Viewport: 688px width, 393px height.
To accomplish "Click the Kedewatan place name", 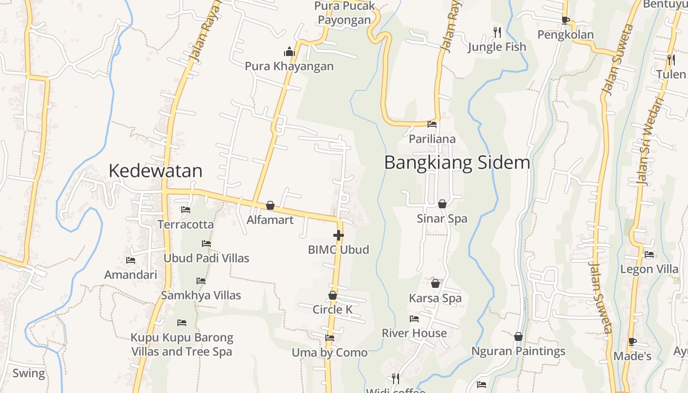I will (155, 170).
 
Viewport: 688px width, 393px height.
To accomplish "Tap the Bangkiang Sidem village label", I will (457, 162).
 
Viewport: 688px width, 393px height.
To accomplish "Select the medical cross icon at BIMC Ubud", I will (338, 235).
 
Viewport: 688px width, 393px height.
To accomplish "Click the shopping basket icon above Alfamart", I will (270, 205).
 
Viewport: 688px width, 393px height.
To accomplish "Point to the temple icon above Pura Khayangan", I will (289, 52).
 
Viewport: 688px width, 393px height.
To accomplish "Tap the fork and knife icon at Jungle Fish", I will (497, 32).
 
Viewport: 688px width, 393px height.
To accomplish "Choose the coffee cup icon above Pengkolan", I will (565, 20).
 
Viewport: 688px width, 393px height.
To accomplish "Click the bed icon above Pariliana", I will (432, 124).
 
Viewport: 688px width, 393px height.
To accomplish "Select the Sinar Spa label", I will (442, 219).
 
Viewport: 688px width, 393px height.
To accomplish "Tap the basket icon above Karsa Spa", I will (435, 283).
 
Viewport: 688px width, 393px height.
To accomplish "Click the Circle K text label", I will (333, 309).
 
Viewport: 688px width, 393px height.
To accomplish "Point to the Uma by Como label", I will (329, 352).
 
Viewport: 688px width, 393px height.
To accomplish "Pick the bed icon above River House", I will (414, 319).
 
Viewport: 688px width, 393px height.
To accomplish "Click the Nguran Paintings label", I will (518, 351).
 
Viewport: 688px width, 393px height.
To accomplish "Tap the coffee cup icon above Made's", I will (632, 341).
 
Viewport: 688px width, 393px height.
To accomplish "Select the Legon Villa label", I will (649, 269).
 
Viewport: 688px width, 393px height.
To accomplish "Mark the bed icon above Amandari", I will (130, 260).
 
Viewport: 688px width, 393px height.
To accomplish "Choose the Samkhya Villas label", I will (201, 295).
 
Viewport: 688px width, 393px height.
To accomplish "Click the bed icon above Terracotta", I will (185, 210).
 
